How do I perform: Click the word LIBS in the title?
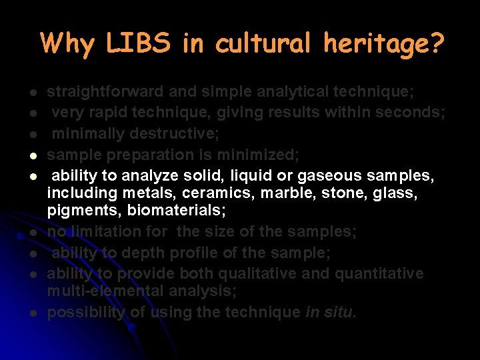(x=139, y=43)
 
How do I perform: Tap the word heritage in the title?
(x=383, y=44)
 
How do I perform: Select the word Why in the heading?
(x=68, y=44)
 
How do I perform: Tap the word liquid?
(x=253, y=176)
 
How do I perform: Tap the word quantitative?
(x=379, y=273)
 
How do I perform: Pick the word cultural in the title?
(x=263, y=43)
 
